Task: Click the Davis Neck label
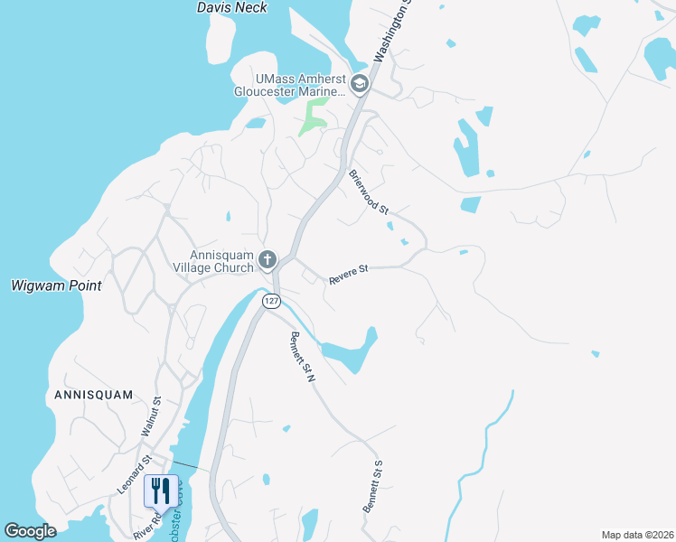point(232,7)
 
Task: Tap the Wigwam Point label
point(56,285)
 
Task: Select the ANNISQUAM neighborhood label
point(93,395)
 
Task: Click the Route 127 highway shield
point(271,301)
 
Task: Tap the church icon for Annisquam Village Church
point(267,261)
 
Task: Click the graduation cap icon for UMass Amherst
point(360,85)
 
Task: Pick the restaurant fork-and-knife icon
point(160,491)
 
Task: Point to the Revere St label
point(350,275)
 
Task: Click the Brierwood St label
point(369,192)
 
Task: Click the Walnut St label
point(151,417)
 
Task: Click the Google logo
point(30,531)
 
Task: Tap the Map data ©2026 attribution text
point(637,535)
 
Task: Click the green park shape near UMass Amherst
point(315,117)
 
